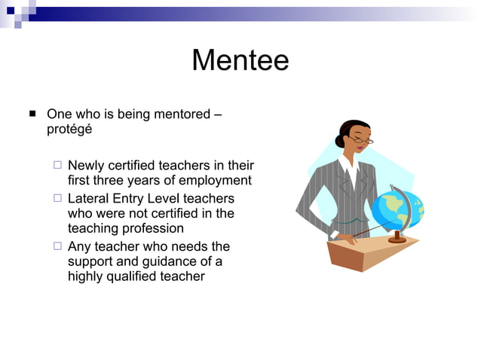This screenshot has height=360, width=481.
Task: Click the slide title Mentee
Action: click(240, 60)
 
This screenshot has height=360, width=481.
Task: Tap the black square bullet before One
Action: click(32, 114)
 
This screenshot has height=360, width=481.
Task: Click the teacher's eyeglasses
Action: click(360, 140)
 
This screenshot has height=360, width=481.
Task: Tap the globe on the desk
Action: click(398, 209)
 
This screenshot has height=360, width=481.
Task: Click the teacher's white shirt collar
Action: click(348, 166)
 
